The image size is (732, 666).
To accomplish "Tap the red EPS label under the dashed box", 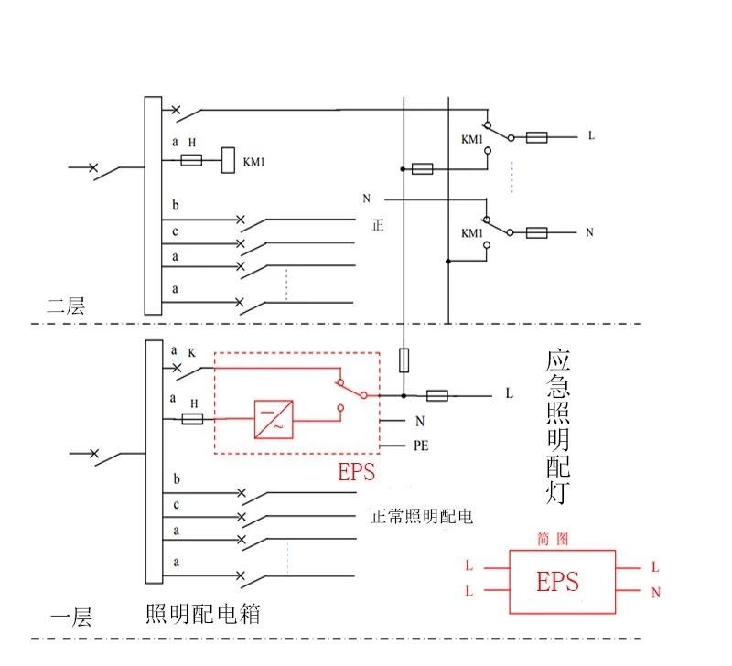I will click(357, 472).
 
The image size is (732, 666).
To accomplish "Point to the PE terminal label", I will click(423, 447).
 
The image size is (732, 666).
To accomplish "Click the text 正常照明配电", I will click(422, 516).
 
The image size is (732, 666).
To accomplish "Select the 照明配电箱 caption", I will click(202, 614).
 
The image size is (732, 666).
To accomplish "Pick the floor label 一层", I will click(70, 618).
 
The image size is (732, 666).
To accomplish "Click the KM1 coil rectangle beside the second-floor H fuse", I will click(229, 161).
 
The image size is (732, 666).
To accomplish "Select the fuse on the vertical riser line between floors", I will click(403, 360).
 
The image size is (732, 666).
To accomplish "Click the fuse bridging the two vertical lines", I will click(422, 169).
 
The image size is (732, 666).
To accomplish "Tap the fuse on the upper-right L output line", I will click(537, 137).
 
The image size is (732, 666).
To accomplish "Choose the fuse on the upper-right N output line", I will click(537, 233).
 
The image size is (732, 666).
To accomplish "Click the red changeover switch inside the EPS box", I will click(350, 390).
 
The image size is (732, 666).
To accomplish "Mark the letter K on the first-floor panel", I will click(192, 352).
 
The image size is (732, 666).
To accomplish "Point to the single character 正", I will click(379, 224).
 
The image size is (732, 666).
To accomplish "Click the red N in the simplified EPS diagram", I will click(656, 593).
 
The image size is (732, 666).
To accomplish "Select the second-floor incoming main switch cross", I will click(92, 168).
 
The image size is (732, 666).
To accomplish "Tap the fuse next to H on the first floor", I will click(192, 419).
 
